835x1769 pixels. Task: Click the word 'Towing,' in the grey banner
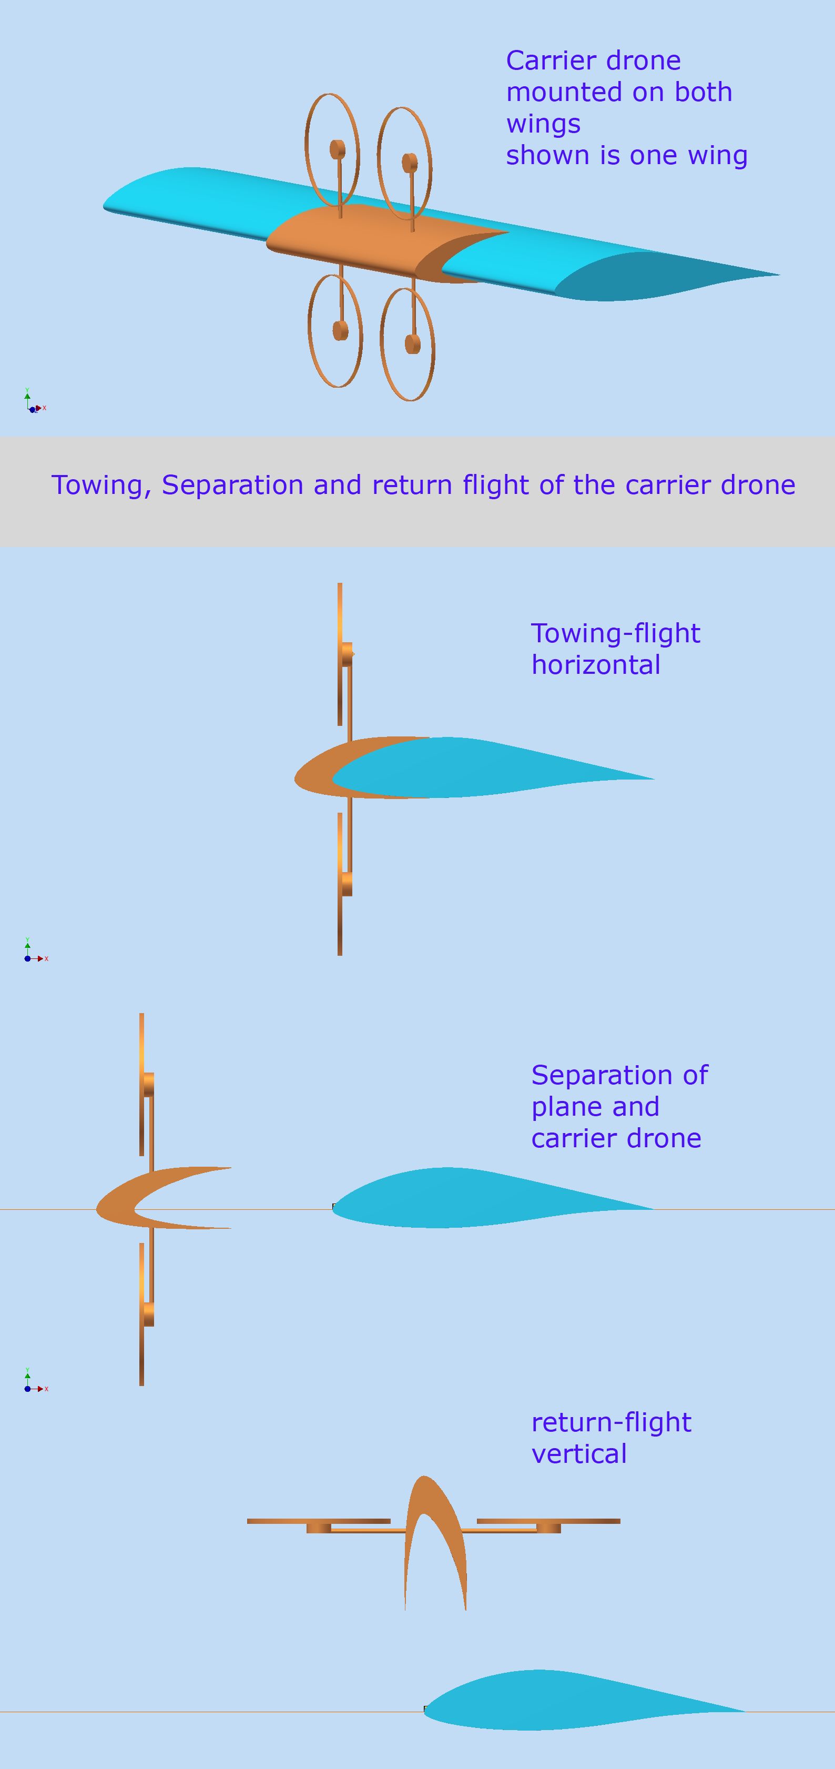pos(101,486)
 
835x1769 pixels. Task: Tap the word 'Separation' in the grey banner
pos(232,486)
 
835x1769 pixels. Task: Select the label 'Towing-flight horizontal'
pos(615,649)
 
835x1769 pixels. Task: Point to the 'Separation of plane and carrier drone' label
pos(619,1106)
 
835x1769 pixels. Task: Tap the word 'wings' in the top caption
pos(543,124)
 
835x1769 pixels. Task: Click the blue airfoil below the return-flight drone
pos(570,1700)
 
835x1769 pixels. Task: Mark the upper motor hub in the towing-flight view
pos(347,654)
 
